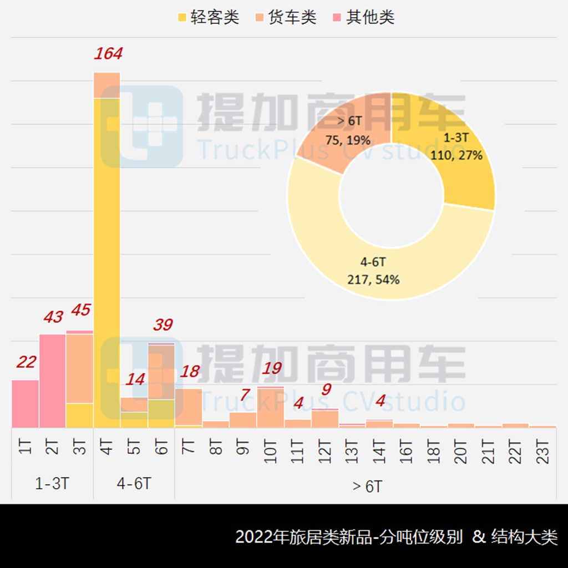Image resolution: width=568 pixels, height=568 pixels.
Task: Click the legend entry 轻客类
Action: [x=208, y=17]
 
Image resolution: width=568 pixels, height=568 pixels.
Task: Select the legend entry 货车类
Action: [x=286, y=17]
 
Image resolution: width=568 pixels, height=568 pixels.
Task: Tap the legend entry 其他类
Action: [x=363, y=17]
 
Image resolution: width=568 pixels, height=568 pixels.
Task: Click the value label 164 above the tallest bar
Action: [x=108, y=54]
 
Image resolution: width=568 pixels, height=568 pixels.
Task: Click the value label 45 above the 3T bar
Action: [x=81, y=310]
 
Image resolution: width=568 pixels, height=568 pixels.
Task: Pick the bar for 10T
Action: [x=271, y=408]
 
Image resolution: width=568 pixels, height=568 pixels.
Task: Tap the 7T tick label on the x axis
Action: [x=189, y=447]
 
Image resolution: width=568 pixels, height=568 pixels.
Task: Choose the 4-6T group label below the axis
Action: [x=134, y=484]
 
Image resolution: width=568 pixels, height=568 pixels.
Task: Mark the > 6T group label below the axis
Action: [x=367, y=486]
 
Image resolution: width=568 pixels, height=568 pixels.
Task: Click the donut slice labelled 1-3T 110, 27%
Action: [x=460, y=150]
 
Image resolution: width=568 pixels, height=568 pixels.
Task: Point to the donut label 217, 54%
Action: [x=372, y=280]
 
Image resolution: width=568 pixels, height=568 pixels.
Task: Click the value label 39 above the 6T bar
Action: [x=163, y=325]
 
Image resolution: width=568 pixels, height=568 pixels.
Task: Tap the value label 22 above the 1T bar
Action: [x=26, y=363]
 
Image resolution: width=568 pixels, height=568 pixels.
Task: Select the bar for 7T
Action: [x=189, y=407]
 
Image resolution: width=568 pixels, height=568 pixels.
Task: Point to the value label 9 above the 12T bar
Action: [x=326, y=389]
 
